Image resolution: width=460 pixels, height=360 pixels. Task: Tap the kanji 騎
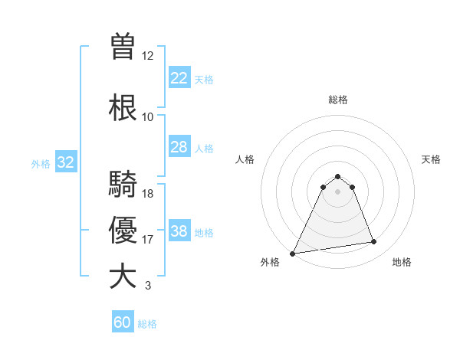click(x=123, y=184)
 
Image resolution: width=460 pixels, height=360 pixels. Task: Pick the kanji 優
click(x=123, y=230)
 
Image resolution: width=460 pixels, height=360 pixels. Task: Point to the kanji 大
click(x=123, y=277)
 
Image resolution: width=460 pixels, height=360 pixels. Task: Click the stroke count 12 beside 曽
click(x=148, y=56)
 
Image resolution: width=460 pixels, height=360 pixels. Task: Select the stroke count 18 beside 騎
click(x=148, y=194)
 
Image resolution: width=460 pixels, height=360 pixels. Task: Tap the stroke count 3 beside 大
click(x=148, y=286)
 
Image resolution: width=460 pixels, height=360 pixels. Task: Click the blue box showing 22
click(x=179, y=78)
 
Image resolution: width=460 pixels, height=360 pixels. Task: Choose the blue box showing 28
click(x=179, y=147)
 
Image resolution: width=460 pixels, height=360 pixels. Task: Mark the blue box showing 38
click(x=179, y=231)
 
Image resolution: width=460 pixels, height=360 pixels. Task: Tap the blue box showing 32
click(x=65, y=162)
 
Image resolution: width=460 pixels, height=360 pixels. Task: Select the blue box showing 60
click(x=123, y=322)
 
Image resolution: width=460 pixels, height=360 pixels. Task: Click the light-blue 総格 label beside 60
click(x=147, y=324)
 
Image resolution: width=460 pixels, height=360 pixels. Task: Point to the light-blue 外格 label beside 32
click(x=41, y=164)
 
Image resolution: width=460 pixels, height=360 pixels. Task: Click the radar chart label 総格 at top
click(x=338, y=100)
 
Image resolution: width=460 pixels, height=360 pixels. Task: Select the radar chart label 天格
click(x=431, y=159)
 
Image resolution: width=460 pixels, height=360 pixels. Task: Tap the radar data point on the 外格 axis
click(x=293, y=253)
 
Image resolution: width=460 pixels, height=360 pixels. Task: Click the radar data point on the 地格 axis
click(x=374, y=242)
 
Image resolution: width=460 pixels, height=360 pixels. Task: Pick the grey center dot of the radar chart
click(x=338, y=191)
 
